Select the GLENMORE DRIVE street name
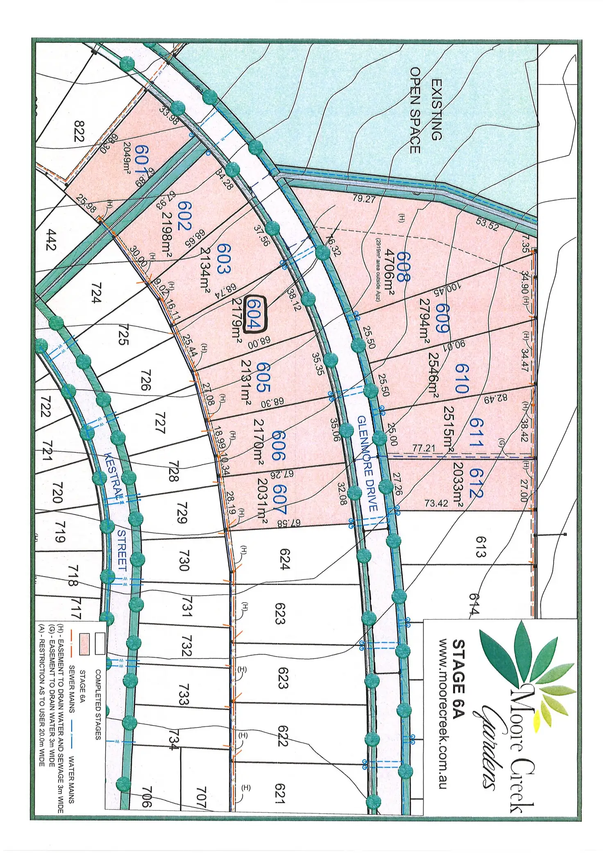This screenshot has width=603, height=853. pos(367,463)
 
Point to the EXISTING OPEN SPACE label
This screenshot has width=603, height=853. pos(426,111)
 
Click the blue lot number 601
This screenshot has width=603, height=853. pos(141,161)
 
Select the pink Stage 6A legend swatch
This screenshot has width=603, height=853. pos(84,644)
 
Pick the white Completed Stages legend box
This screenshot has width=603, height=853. pos(100,643)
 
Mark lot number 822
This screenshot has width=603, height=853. pos(78,131)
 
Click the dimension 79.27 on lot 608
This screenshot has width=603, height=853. pos(364,199)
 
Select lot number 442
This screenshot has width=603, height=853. pos(51,240)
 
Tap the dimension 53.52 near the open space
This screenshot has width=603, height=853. pos(487,224)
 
